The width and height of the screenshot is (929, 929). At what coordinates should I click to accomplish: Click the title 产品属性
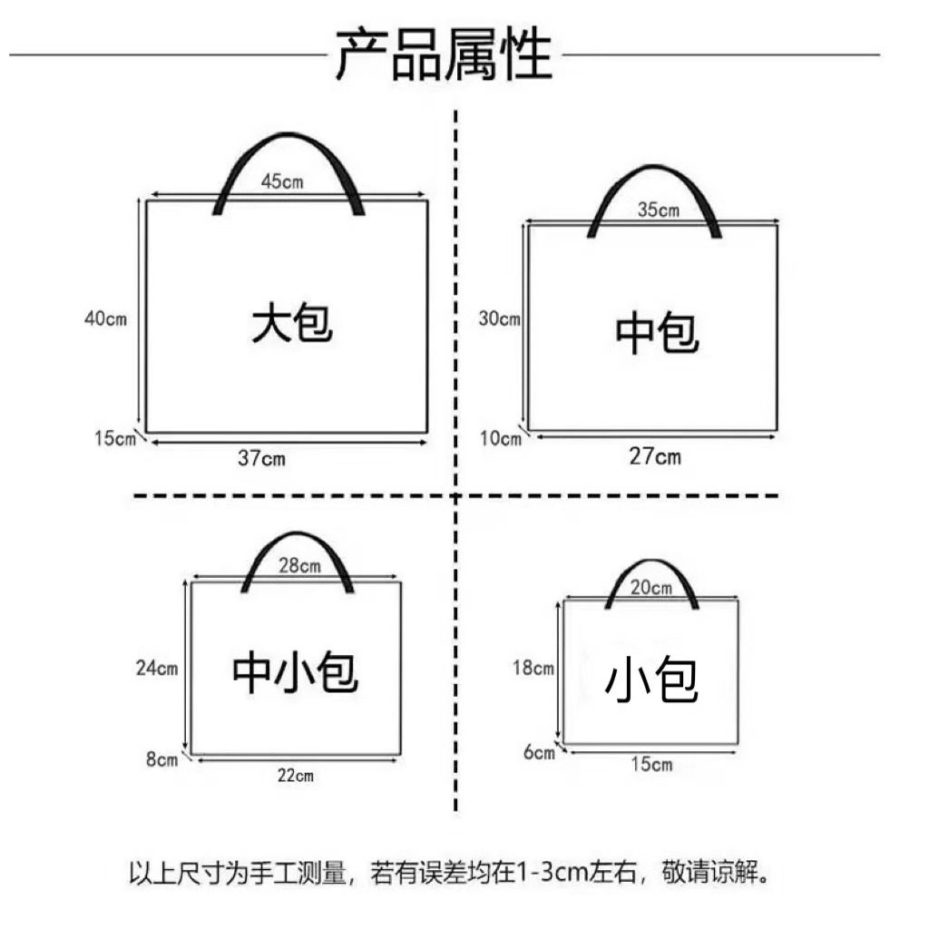tap(444, 54)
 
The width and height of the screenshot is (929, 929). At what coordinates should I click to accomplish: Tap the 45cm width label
tap(282, 181)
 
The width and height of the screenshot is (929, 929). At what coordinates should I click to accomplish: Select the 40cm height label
tap(105, 318)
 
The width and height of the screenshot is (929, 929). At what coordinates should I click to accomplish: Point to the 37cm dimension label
tap(261, 458)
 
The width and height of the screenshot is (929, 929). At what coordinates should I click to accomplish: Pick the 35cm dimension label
tap(658, 210)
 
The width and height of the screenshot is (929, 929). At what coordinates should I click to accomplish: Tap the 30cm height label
tap(499, 318)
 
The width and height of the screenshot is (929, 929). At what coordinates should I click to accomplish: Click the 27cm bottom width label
tap(655, 456)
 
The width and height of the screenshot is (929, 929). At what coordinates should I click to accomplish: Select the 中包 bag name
tap(657, 333)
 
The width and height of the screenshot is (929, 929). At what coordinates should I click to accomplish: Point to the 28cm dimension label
tap(298, 566)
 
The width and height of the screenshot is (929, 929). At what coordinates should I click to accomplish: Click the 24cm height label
tap(156, 669)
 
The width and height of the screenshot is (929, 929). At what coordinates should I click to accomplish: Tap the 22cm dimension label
tap(295, 775)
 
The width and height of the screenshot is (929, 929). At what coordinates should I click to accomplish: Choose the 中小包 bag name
tap(296, 672)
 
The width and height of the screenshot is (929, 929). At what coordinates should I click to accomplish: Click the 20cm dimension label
tap(650, 588)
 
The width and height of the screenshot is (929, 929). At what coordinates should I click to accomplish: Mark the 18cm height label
tap(533, 669)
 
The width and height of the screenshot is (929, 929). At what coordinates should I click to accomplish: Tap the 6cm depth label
tap(538, 752)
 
